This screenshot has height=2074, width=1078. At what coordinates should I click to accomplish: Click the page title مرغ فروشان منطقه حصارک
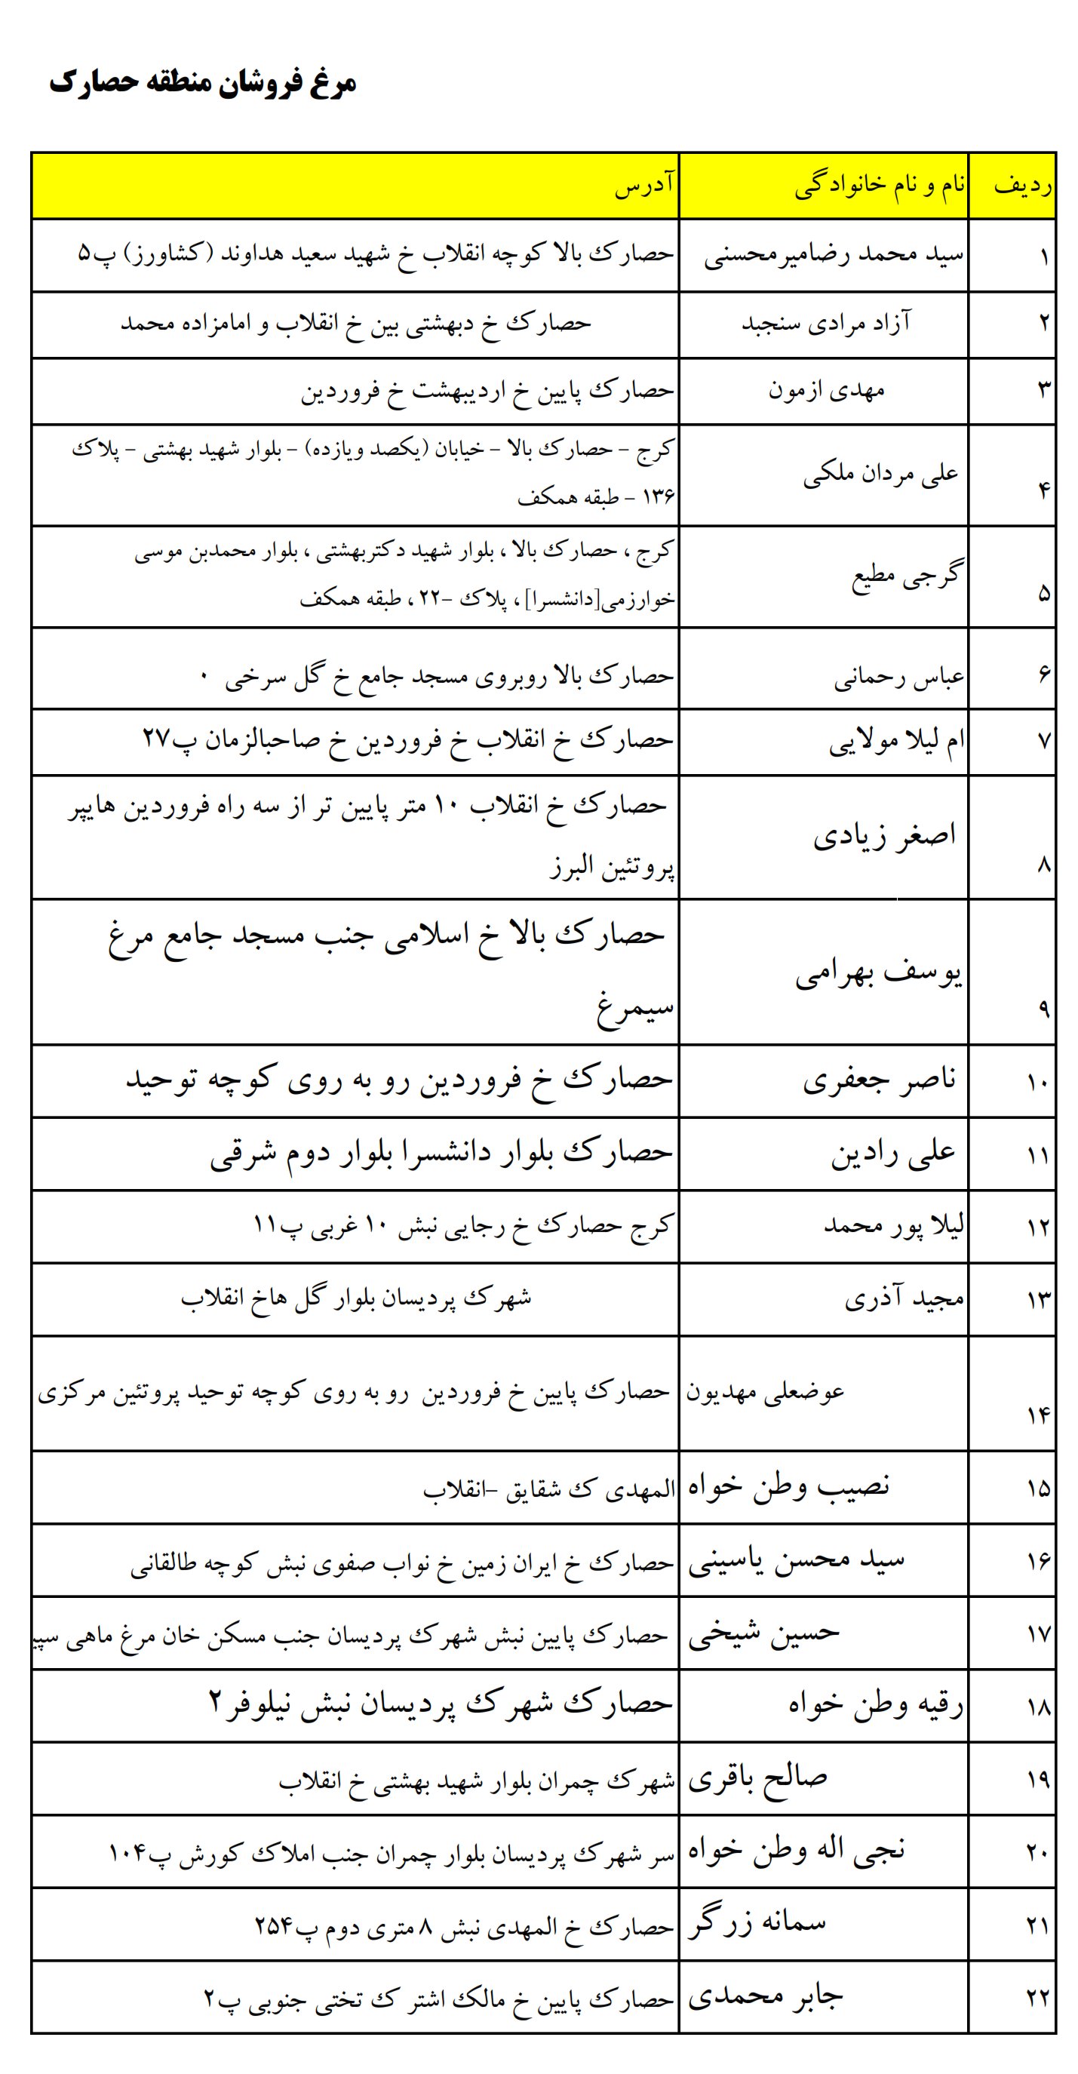click(x=203, y=83)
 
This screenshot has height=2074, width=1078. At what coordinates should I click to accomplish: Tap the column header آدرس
click(x=644, y=187)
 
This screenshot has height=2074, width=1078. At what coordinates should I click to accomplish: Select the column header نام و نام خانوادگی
click(x=880, y=187)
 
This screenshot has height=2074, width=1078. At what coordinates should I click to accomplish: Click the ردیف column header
click(x=1022, y=187)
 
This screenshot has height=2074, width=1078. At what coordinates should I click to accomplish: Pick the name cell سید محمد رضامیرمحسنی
click(x=834, y=256)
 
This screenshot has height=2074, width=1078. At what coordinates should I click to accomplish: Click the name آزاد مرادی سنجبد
click(x=826, y=324)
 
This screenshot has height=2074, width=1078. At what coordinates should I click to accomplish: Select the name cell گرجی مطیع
click(x=907, y=575)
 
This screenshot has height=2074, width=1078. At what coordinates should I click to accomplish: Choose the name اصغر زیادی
click(x=884, y=836)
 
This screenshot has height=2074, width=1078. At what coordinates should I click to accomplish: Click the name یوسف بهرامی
click(x=878, y=974)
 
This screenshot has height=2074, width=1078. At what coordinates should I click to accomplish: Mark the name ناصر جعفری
click(x=879, y=1079)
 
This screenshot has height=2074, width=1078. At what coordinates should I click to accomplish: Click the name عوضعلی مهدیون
click(x=765, y=1391)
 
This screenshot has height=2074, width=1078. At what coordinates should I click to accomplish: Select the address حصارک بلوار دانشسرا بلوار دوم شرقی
click(x=441, y=1153)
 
